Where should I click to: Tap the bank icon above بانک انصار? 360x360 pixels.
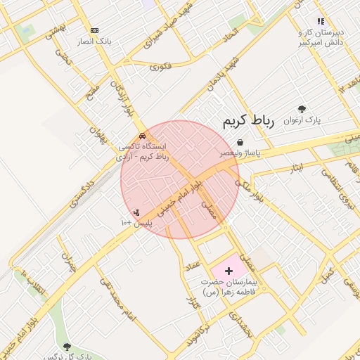(x=94, y=30)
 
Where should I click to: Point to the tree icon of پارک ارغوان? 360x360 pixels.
(x=302, y=109)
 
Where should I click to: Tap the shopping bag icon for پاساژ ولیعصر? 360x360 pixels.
(x=240, y=142)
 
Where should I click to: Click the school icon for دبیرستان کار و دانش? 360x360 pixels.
(x=321, y=22)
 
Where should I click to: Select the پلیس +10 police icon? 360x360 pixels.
(x=136, y=212)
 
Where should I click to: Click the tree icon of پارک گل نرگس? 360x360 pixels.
(x=67, y=347)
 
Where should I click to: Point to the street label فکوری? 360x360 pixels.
(x=160, y=67)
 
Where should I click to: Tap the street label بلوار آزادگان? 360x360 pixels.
(x=120, y=98)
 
